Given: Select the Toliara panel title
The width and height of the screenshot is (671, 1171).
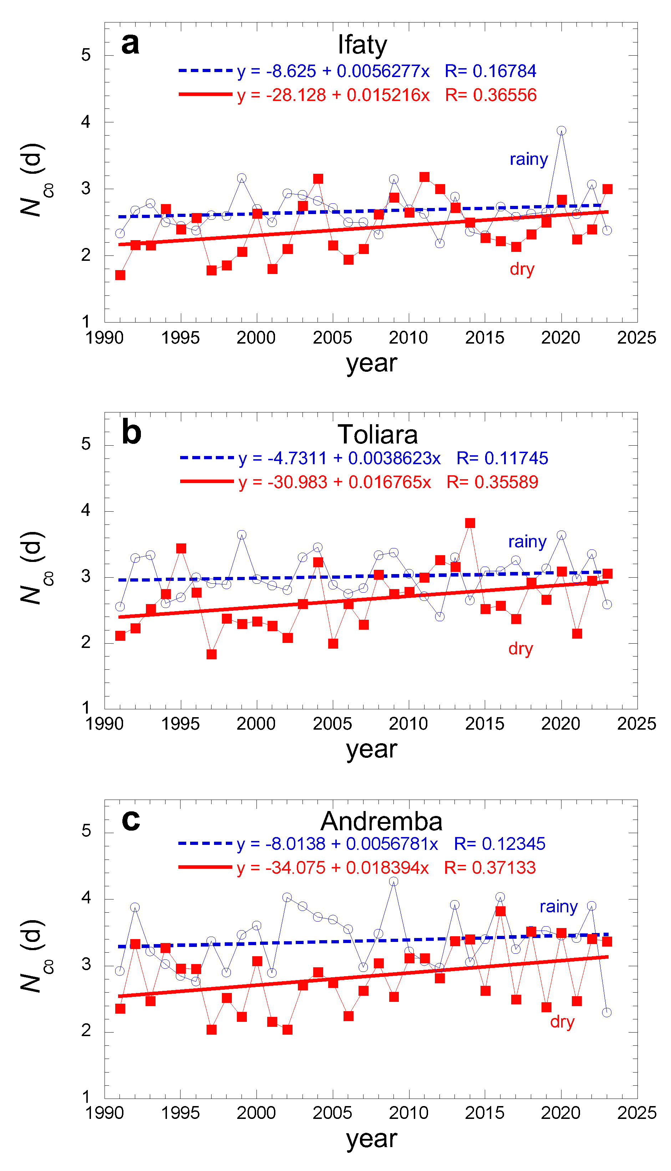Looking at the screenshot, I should click(x=377, y=434).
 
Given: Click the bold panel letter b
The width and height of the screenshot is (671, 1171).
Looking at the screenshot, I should click(x=131, y=433).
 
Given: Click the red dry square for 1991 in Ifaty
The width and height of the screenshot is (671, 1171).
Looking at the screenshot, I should click(x=120, y=275).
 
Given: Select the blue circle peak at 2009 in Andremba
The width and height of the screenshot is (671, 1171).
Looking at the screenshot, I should click(x=393, y=881).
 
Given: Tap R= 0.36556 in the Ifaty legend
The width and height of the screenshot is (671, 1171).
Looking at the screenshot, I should click(x=490, y=95).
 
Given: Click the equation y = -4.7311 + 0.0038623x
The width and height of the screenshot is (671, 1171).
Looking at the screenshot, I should click(x=340, y=458).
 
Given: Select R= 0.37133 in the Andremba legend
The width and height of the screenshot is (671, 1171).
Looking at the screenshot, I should click(x=489, y=867).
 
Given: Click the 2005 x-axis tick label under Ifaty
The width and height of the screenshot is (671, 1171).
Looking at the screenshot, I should click(x=332, y=338).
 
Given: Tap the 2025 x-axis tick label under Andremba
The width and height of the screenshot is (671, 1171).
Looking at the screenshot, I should click(x=636, y=1112).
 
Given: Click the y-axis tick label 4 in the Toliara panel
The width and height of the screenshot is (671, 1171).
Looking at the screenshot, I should click(x=86, y=510).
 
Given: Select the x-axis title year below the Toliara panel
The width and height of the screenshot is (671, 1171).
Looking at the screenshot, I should click(x=371, y=749).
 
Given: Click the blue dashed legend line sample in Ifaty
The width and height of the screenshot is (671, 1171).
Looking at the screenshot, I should click(x=205, y=71).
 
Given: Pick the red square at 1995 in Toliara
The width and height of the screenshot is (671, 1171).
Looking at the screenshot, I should click(x=181, y=548).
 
